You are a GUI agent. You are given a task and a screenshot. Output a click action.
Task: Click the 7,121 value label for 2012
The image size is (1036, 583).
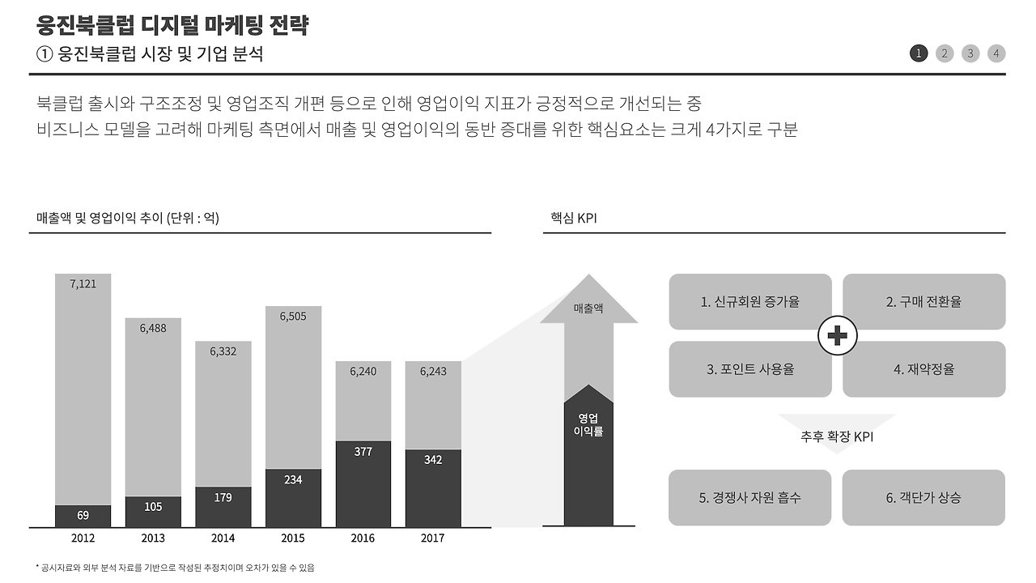point(83,283)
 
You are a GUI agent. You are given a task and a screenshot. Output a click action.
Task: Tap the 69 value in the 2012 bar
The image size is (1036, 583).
point(83,515)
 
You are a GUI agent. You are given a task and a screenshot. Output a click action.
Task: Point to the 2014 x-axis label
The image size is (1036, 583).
point(223,538)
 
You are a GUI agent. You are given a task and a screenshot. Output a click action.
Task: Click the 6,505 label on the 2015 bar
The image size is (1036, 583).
point(293,316)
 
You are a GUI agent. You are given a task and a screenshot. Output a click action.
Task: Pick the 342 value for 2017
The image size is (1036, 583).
point(433,460)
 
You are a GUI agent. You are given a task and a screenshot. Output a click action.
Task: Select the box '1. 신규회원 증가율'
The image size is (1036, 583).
point(750,302)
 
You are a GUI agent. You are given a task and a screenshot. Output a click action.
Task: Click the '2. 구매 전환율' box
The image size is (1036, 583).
point(923,302)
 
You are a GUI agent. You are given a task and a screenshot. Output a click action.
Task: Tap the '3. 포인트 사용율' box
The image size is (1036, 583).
point(750,369)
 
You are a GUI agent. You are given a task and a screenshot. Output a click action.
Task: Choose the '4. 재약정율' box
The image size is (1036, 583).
point(923,369)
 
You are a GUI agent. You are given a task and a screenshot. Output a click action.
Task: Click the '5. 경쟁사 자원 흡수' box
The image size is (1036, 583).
point(750,498)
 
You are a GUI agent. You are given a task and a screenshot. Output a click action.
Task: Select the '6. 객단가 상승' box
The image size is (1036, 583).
point(923,498)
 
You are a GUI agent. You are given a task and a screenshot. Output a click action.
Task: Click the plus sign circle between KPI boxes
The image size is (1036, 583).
point(838,335)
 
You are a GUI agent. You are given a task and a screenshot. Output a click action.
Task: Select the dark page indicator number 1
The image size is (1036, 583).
point(919,53)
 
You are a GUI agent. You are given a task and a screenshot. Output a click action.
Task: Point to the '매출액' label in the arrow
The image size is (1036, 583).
point(588,309)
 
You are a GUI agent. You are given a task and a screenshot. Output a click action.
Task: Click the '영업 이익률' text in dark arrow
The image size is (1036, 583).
point(588,425)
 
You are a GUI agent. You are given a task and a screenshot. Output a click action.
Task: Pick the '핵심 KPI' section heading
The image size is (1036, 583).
point(574,219)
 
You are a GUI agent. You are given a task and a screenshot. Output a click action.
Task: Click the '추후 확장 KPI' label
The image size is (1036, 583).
point(837,437)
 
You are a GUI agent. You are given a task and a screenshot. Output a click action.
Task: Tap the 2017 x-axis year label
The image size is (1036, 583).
point(433,538)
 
